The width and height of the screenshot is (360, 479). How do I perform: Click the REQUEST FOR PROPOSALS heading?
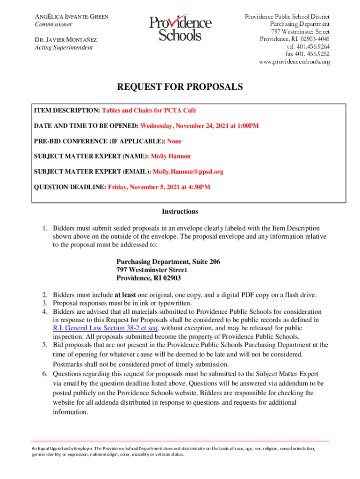pos(180,87)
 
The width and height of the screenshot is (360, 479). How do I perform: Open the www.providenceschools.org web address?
pos(294,62)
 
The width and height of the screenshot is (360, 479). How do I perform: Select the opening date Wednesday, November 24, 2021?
pos(189,126)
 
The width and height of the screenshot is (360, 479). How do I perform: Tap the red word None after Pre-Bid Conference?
pos(174,141)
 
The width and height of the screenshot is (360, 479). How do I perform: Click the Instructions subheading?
pos(180,211)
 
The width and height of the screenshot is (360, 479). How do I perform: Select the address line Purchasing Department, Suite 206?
pos(168,262)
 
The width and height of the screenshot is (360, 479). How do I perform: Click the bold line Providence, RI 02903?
pos(149,278)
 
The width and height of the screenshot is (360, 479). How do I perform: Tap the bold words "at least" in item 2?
pos(125,295)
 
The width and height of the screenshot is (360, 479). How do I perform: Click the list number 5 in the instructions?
pos(45,345)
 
